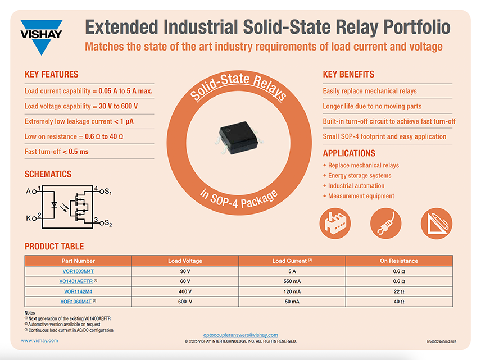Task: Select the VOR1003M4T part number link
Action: (78, 271)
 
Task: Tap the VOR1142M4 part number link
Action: (78, 291)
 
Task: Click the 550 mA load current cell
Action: (292, 281)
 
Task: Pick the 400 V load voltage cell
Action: (185, 291)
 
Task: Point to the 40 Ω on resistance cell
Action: (398, 302)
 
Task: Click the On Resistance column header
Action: (398, 261)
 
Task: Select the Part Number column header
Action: (78, 261)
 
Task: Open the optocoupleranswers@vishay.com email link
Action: (240, 335)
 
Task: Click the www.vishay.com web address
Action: (38, 341)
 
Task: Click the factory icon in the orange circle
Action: (335, 222)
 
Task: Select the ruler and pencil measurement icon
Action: (437, 222)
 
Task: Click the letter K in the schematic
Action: (29, 218)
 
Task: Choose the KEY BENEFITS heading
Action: (348, 75)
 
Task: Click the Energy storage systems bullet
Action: (360, 176)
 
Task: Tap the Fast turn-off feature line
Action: (57, 152)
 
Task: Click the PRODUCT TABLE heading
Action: (55, 247)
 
